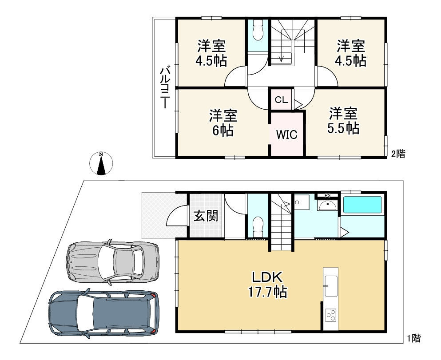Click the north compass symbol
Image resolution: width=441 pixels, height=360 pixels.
click(101, 163)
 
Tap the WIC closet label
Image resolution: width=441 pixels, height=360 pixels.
click(286, 135)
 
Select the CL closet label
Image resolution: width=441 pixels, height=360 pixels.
click(281, 100)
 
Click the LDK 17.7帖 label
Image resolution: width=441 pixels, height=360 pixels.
click(267, 285)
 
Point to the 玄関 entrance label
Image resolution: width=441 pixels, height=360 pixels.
click(206, 216)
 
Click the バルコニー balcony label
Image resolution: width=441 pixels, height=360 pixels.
click(165, 87)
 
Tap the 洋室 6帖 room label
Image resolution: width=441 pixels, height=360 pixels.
click(223, 123)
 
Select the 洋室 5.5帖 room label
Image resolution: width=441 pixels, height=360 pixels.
click(343, 121)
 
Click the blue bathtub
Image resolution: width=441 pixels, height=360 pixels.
click(362, 205)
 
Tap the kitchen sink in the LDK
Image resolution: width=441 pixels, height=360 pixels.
click(331, 286)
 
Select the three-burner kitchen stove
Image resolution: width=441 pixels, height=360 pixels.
click(331, 315)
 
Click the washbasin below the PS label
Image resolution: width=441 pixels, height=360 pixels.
click(327, 206)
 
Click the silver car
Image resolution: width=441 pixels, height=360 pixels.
click(112, 261)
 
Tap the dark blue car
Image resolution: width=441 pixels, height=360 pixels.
click(104, 313)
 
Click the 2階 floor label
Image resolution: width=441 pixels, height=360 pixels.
click(398, 154)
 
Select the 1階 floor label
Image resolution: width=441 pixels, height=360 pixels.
click(414, 338)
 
